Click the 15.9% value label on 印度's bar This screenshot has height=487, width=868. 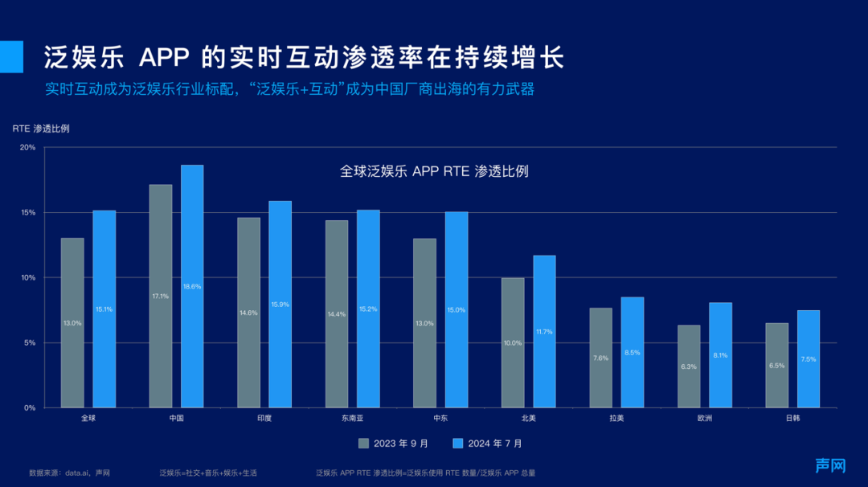click(x=280, y=304)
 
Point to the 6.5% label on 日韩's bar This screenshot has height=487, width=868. click(x=776, y=366)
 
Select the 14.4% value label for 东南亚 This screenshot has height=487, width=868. click(x=337, y=314)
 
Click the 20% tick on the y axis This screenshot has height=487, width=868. click(x=27, y=148)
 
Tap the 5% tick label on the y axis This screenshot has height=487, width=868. click(x=29, y=343)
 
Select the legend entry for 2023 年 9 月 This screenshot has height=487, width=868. click(x=393, y=443)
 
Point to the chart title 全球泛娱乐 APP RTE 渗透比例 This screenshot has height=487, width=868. click(x=434, y=171)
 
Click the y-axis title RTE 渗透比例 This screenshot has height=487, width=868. click(x=41, y=129)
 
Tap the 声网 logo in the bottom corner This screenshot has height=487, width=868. click(x=830, y=466)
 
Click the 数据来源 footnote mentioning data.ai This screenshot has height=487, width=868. click(x=69, y=473)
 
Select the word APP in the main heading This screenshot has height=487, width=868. click(x=165, y=58)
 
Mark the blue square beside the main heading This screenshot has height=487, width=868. click(x=11, y=56)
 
